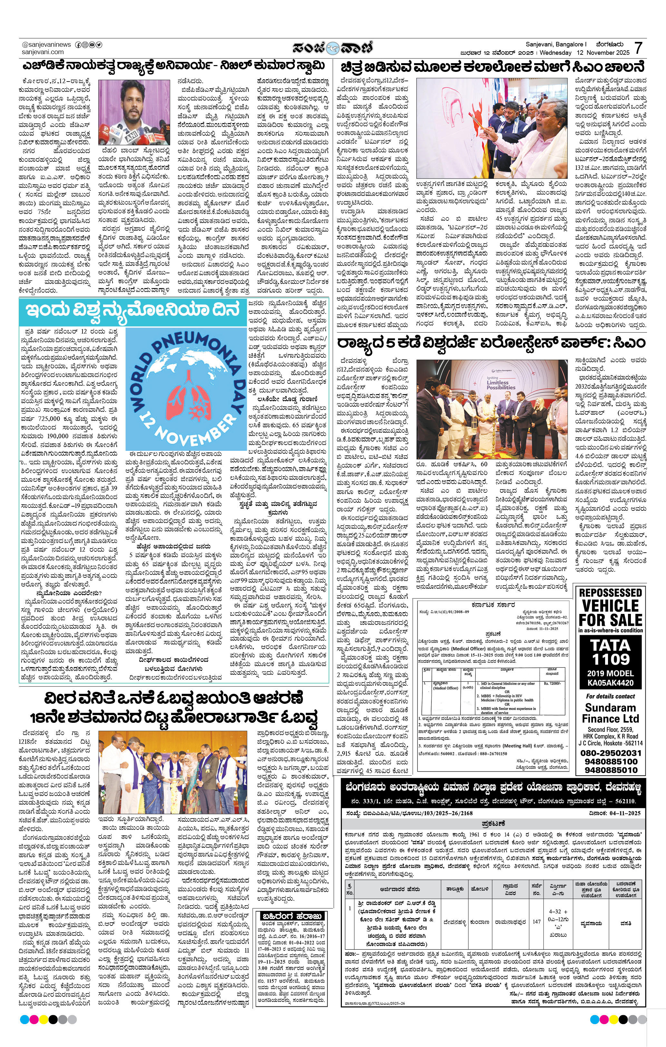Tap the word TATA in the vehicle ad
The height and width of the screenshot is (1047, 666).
[x=610, y=644]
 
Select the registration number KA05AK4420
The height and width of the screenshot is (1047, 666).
[x=610, y=683]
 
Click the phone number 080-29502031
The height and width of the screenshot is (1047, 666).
[x=610, y=753]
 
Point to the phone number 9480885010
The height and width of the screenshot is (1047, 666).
[x=610, y=770]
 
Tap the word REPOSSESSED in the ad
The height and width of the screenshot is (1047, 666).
[x=610, y=593]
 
